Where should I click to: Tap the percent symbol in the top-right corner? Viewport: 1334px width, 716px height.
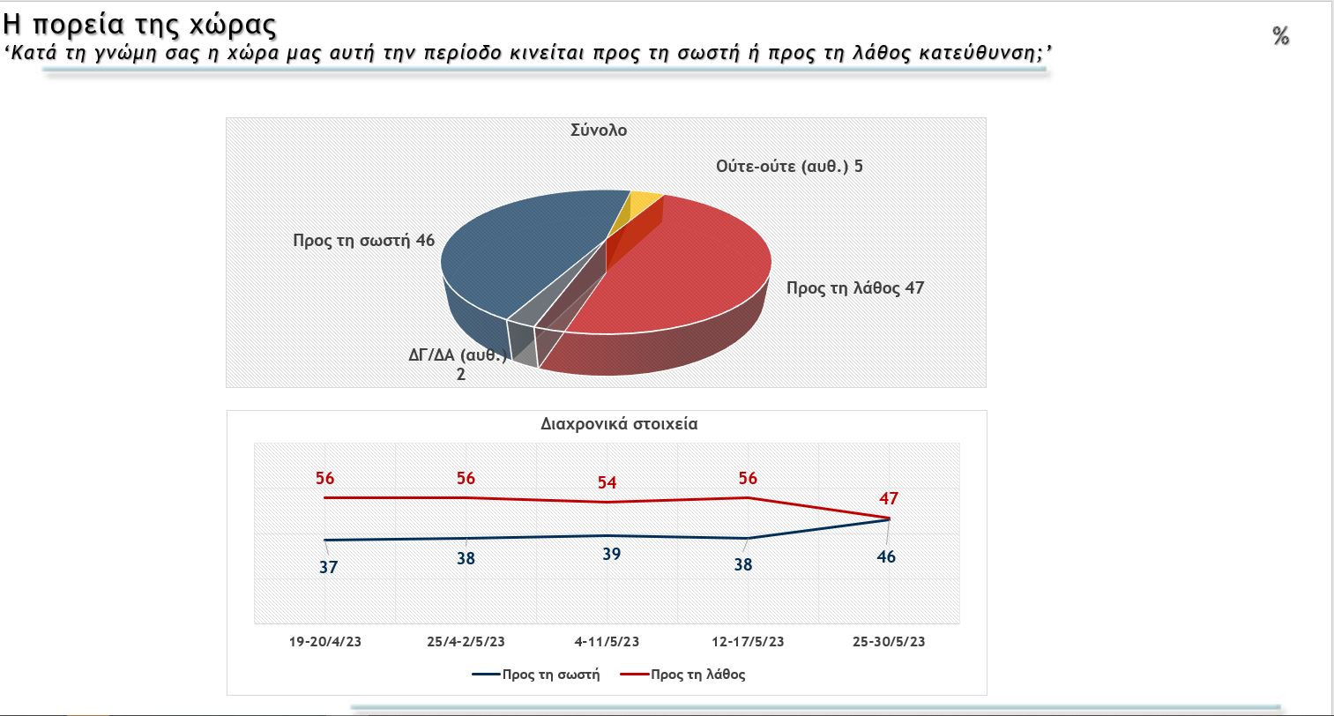click(1280, 36)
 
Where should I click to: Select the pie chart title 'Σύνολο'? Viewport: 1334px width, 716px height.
click(598, 131)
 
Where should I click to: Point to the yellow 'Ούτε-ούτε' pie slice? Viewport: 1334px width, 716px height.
click(645, 204)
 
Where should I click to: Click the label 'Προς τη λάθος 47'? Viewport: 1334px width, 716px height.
click(854, 288)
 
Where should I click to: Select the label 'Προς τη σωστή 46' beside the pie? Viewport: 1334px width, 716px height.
click(363, 240)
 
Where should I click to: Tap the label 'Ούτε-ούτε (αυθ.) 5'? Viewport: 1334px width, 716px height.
click(789, 166)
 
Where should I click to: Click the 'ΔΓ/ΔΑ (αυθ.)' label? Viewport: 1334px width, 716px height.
click(458, 356)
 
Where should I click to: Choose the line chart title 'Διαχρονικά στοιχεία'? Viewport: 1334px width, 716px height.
click(619, 423)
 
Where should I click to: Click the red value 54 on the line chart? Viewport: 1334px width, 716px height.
click(606, 482)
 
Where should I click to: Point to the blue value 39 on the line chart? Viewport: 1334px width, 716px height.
click(611, 555)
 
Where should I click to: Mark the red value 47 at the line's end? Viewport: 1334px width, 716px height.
click(889, 499)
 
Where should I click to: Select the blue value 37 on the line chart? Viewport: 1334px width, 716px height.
click(328, 568)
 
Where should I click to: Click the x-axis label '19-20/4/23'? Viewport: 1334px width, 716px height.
click(324, 642)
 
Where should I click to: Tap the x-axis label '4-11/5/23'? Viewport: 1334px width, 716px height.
click(607, 642)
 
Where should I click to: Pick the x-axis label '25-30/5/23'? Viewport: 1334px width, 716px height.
click(889, 642)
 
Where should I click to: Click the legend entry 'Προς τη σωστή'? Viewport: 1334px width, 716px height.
click(551, 675)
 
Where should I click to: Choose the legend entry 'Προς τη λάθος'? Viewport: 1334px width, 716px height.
click(697, 675)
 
